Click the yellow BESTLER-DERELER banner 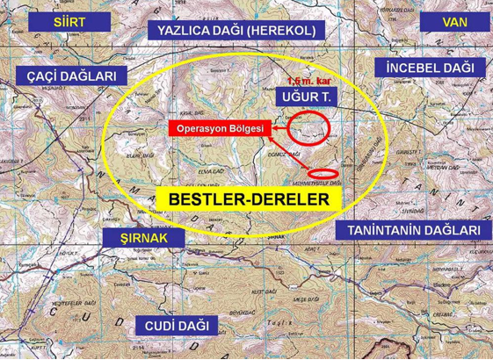(253, 200)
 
